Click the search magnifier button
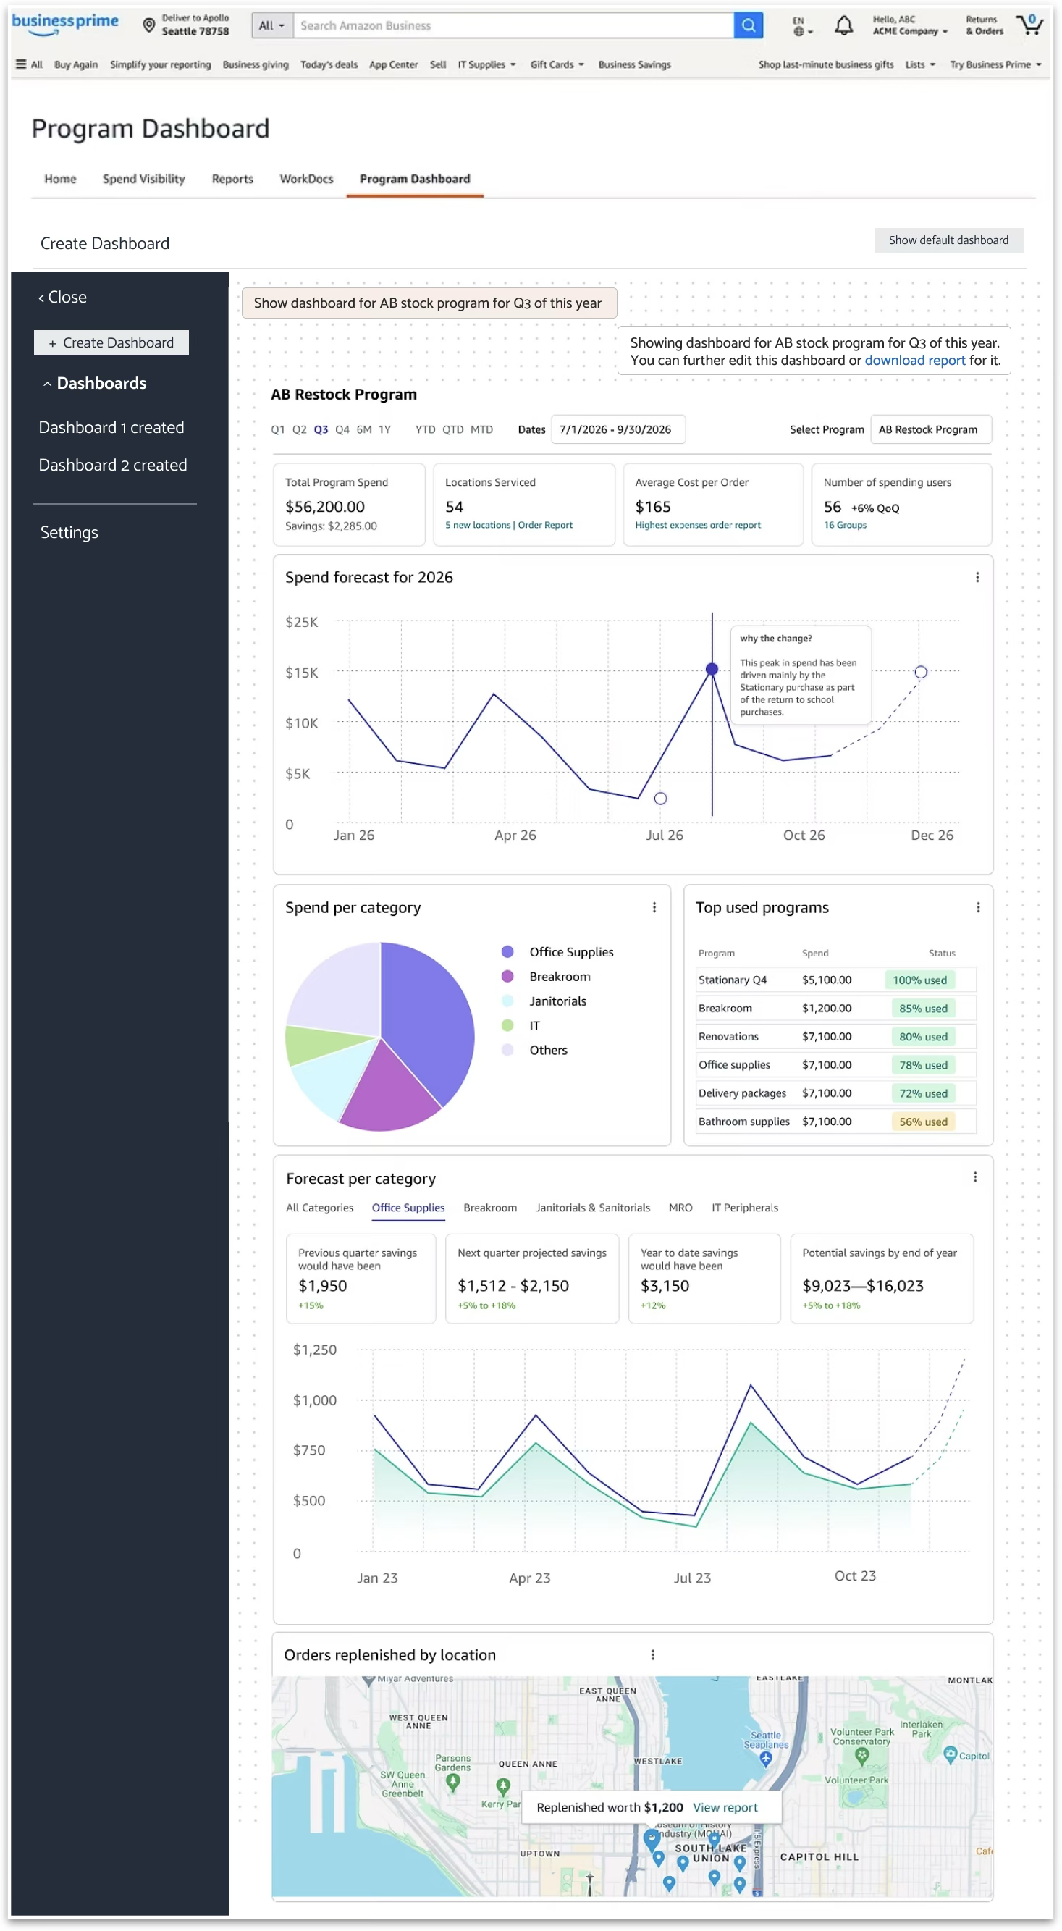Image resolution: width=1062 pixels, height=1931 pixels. [747, 25]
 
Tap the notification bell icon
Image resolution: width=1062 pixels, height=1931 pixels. [843, 25]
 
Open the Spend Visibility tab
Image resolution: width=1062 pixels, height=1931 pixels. [144, 179]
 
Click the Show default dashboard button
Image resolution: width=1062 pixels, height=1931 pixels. [948, 240]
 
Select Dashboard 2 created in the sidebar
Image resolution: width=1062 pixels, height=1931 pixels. [113, 465]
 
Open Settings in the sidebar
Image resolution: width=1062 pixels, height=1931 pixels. [69, 532]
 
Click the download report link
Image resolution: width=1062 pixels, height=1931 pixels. [914, 361]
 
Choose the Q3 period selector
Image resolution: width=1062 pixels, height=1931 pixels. [321, 429]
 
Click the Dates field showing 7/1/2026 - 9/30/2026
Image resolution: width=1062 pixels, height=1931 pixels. [618, 429]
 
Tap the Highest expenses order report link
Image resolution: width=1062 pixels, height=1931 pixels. [697, 525]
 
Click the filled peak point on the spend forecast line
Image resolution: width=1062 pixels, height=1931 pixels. [712, 669]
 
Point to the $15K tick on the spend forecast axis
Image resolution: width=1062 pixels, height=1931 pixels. [301, 673]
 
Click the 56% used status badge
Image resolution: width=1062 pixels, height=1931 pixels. [922, 1122]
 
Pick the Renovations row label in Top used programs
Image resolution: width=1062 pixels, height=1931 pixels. [728, 1036]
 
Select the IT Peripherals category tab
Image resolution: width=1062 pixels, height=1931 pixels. [744, 1208]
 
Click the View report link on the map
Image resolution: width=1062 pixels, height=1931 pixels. [725, 1807]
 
